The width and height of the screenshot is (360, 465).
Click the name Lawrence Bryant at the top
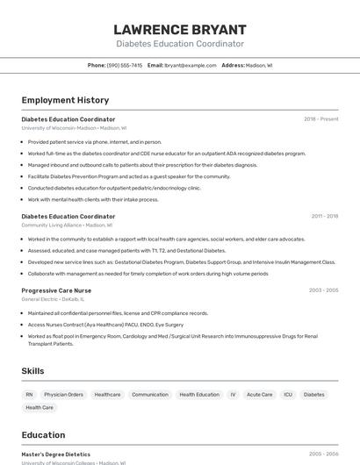coord(180,30)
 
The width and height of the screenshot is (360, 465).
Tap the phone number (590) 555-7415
coord(125,65)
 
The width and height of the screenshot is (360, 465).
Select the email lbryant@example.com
coord(190,65)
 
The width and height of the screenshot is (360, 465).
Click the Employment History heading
coord(65,100)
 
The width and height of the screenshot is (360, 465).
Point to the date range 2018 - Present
coord(320,119)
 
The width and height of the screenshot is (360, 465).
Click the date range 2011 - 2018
coord(324,216)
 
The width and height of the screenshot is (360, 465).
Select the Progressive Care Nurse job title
coord(56,290)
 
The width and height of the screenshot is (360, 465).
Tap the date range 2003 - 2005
coord(323,290)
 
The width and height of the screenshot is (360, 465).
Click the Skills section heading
coord(32,371)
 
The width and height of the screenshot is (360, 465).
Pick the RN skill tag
coord(29,395)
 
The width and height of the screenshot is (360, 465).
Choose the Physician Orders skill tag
coord(63,395)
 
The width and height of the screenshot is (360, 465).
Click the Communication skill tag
coord(149,395)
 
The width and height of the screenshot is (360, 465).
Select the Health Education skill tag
coord(199,395)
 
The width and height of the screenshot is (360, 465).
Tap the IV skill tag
coord(233,395)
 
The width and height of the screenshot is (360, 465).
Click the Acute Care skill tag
coord(259,395)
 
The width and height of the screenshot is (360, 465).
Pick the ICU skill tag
coord(288,395)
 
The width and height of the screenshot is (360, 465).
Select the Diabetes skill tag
coord(313,395)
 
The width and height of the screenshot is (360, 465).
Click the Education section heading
coord(43,435)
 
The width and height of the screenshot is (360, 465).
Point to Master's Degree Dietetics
coord(55,454)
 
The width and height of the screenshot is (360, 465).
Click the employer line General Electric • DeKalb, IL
coord(56,299)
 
